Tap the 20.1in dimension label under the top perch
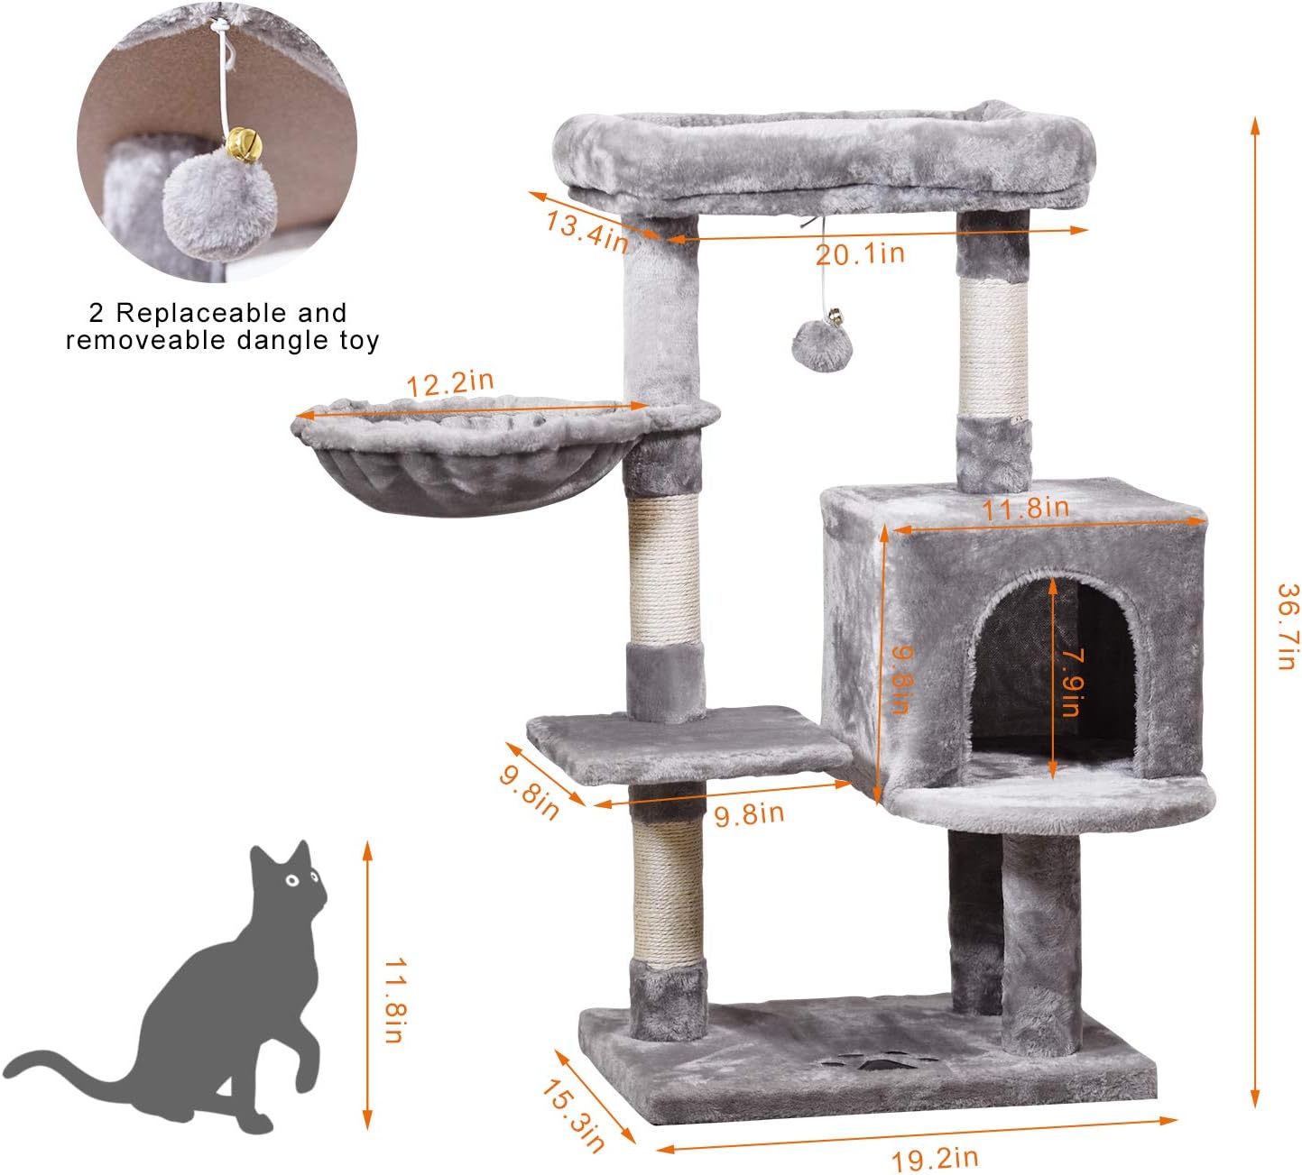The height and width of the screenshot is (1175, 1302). click(860, 253)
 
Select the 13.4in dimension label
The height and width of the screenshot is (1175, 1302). click(586, 231)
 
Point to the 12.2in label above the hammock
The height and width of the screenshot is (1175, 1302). click(449, 383)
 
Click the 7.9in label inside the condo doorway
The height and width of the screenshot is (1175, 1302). click(1070, 681)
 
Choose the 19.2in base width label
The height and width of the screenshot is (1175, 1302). click(935, 1157)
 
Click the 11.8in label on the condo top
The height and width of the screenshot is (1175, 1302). click(1025, 509)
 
